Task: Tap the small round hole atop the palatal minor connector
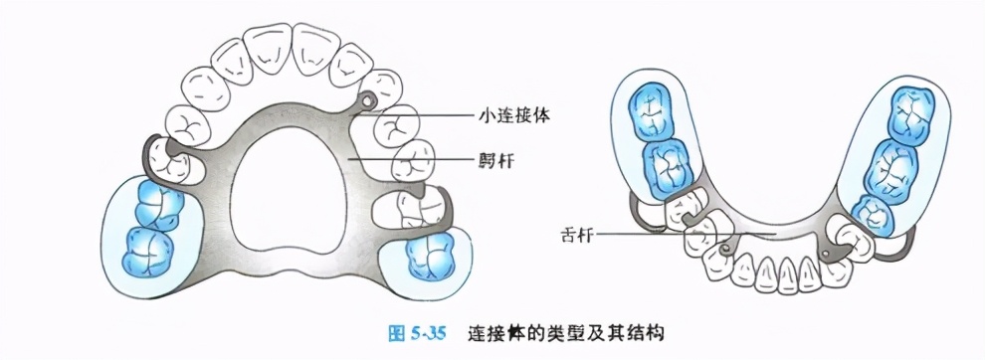tap(368, 99)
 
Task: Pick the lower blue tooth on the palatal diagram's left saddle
tap(147, 249)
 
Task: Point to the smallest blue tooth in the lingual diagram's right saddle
tap(872, 211)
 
